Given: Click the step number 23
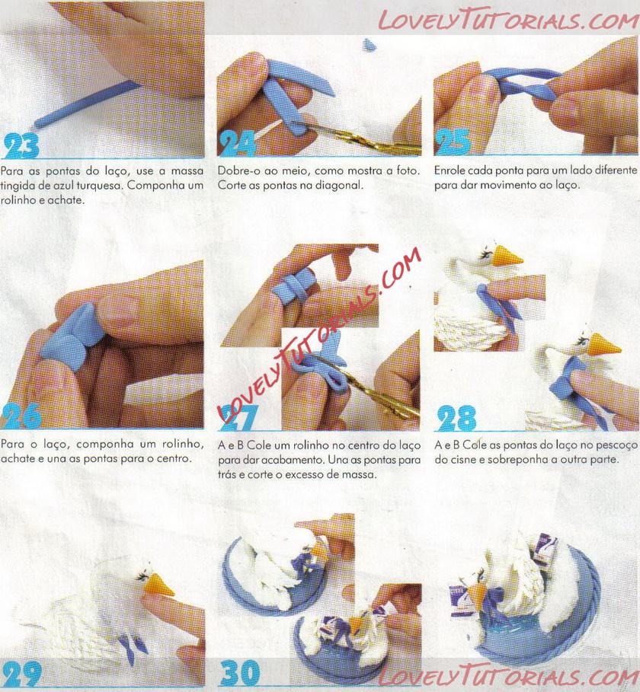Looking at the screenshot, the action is click(x=21, y=145).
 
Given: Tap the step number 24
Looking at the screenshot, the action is click(x=238, y=143).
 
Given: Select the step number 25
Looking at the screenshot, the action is click(x=453, y=142).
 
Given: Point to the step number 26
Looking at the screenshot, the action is click(x=21, y=416).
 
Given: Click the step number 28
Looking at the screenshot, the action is click(x=456, y=419).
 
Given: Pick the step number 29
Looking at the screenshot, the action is click(x=21, y=674).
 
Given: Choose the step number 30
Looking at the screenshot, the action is click(x=239, y=672).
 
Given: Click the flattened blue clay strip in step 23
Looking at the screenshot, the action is click(x=85, y=104).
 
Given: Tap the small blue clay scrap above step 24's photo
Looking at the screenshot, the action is click(x=369, y=45).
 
